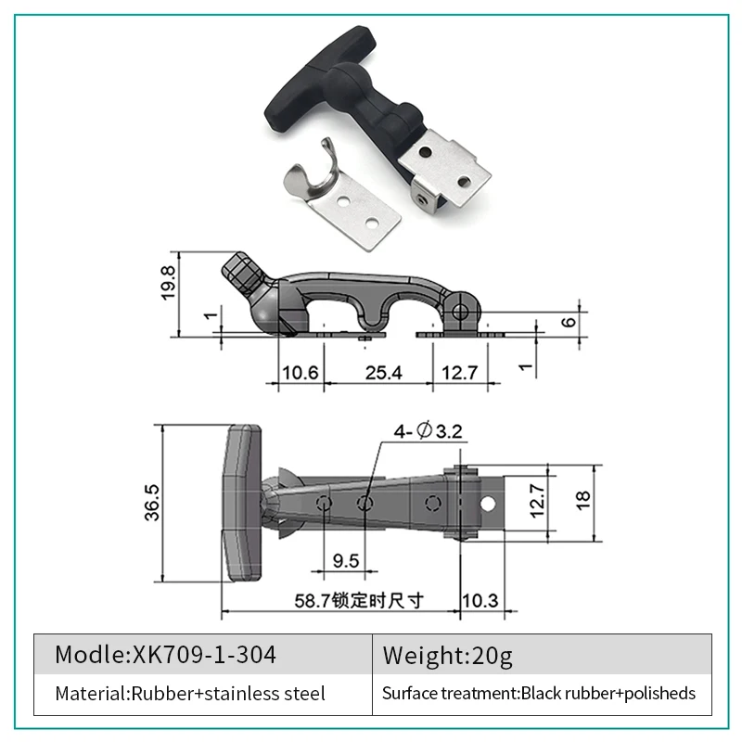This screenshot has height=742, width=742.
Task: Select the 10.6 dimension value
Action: [x=301, y=373]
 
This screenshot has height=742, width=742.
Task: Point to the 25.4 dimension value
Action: [x=383, y=373]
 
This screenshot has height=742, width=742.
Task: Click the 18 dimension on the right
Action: [x=582, y=501]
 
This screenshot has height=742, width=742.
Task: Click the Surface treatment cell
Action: [x=542, y=693]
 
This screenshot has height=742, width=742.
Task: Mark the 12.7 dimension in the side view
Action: [x=460, y=373]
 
